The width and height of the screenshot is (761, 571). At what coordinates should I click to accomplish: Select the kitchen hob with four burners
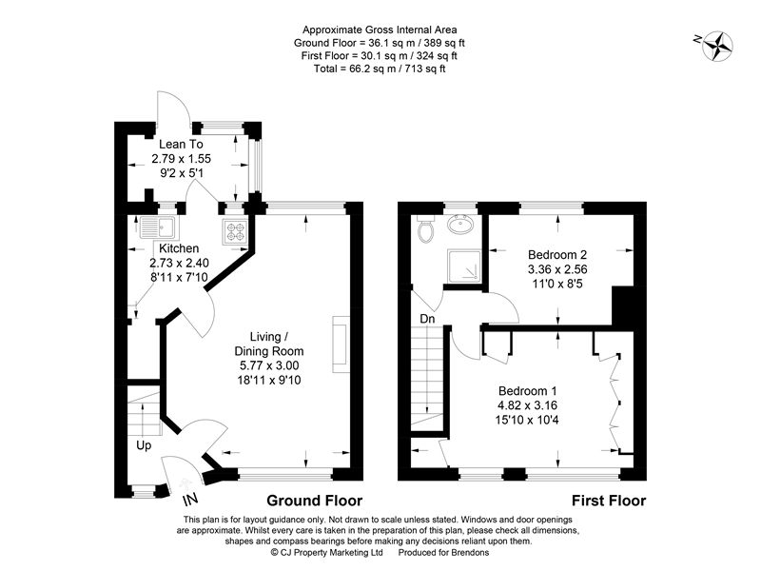(x=234, y=229)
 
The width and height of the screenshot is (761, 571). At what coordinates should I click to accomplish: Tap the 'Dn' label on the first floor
(x=428, y=320)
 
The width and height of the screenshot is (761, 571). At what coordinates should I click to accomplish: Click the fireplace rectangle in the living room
(x=339, y=346)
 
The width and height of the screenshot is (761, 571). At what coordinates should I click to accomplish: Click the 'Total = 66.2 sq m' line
(x=380, y=68)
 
